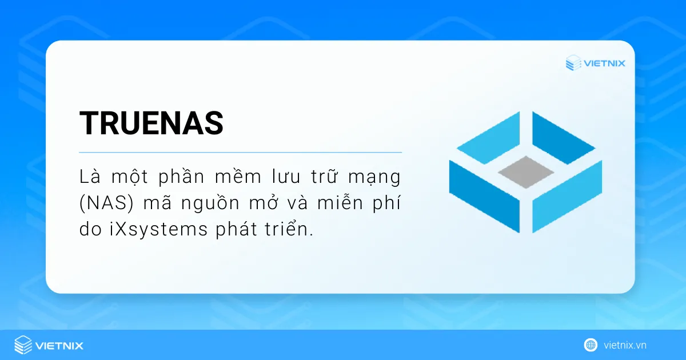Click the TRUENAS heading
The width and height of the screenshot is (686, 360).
151,123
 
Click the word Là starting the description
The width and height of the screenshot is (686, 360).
89,177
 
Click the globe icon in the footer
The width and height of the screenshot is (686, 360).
591,345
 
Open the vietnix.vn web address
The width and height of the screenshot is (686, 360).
625,345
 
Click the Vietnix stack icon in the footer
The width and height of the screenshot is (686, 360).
23,345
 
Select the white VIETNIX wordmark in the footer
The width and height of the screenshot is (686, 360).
59,345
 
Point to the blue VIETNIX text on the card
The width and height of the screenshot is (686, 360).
604,63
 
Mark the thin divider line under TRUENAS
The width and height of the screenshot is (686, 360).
240,153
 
